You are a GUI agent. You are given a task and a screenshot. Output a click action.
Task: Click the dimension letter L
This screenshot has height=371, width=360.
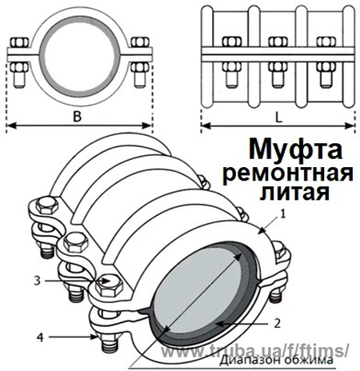(277, 114)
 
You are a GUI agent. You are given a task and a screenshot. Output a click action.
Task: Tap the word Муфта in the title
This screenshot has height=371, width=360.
(294, 149)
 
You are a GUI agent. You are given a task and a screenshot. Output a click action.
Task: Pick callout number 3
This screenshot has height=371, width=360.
(38, 280)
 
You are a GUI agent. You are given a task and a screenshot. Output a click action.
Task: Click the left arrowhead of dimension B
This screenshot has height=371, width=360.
(10, 126)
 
